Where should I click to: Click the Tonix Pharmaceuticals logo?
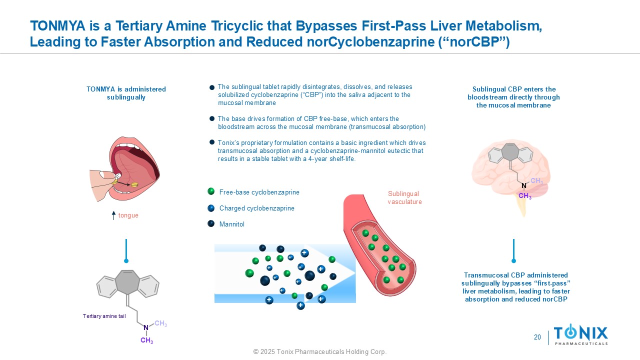[x=580, y=334]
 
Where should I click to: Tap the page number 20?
[x=537, y=337]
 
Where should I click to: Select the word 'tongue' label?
[x=128, y=215]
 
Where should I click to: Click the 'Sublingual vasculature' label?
[x=404, y=198]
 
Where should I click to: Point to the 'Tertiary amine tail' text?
[x=104, y=316]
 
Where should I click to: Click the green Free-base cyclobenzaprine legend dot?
[x=211, y=191]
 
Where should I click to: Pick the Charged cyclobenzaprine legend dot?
[x=211, y=208]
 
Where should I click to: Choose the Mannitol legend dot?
[x=211, y=223]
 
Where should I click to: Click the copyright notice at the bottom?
[x=320, y=352]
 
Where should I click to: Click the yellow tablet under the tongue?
[x=134, y=184]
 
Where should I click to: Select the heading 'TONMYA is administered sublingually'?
[x=126, y=93]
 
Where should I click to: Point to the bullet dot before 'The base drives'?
[x=212, y=118]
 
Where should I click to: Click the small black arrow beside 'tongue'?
[x=114, y=215]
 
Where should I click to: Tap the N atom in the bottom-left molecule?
[x=146, y=328]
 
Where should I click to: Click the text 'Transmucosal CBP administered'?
[x=516, y=275]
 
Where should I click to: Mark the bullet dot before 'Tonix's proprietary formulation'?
[x=212, y=142]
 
